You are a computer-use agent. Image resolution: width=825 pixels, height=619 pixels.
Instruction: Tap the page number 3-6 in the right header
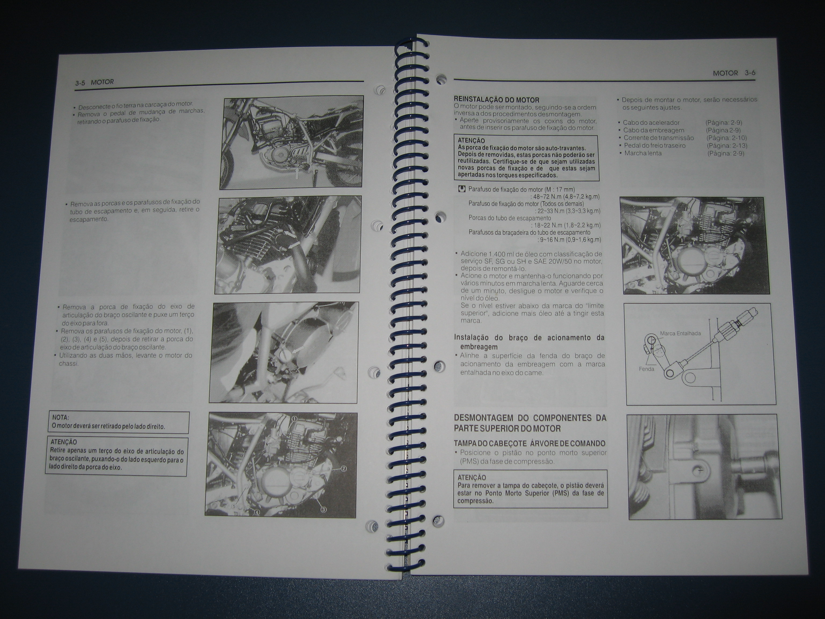point(750,73)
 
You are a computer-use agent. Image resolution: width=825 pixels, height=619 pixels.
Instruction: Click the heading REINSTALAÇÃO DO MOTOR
point(496,100)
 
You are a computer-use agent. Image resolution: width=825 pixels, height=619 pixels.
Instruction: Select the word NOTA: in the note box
point(60,418)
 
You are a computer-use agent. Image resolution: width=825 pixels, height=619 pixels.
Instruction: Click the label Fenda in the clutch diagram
point(646,369)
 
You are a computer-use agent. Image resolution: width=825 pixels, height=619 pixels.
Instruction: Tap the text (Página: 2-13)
point(727,146)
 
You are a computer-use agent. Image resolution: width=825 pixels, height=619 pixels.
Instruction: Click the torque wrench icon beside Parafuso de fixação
point(462,189)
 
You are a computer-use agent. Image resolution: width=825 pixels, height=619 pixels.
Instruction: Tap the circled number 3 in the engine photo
point(323,510)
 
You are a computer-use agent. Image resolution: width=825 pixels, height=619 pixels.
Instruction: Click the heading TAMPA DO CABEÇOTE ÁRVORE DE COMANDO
point(529,444)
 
